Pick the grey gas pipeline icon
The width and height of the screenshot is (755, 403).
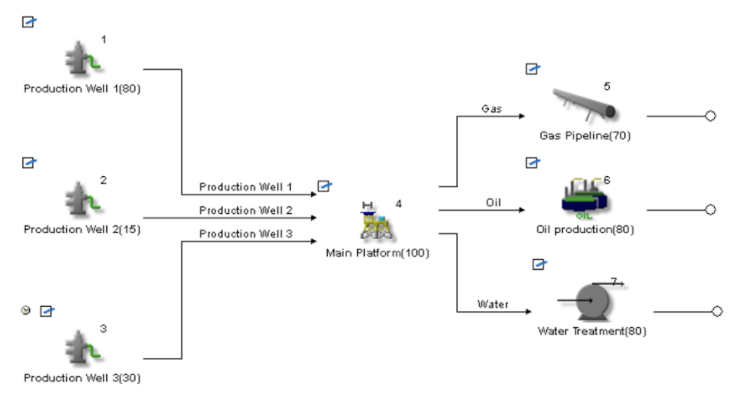point(584,104)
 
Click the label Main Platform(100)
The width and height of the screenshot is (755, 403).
point(377,253)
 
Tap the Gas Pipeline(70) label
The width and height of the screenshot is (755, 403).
point(585,136)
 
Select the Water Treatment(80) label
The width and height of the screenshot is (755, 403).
point(592,331)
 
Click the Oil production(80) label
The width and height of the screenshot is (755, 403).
point(585,230)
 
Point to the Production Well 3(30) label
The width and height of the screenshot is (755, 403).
point(82,378)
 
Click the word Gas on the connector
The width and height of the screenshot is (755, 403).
point(492,109)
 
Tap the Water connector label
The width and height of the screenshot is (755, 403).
point(493,304)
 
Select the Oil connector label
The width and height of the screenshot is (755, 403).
point(493,203)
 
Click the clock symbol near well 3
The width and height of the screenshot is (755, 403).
point(26,310)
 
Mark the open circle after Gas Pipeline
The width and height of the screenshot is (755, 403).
point(710,116)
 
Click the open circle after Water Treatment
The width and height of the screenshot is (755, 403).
point(717,311)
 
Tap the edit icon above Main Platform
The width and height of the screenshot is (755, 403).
point(324,186)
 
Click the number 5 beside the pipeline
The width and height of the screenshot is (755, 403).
point(607,87)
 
